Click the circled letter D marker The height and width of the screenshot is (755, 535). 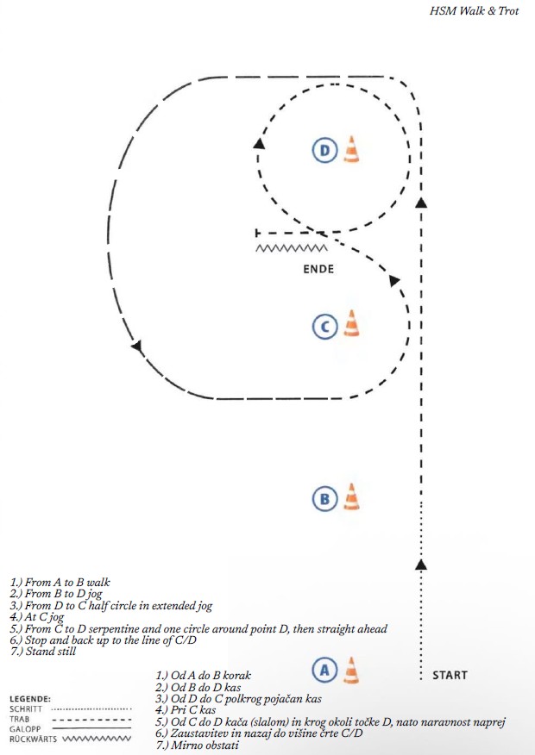click(x=324, y=151)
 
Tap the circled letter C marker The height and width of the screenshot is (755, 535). click(x=324, y=326)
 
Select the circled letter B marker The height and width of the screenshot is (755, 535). click(x=324, y=498)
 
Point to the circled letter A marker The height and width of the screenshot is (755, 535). click(x=324, y=669)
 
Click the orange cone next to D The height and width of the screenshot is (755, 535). click(x=350, y=150)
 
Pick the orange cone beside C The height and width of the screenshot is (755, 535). click(x=350, y=324)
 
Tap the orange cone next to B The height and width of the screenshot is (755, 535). click(x=350, y=496)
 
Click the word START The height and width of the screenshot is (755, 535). click(x=450, y=676)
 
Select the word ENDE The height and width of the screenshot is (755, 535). click(x=318, y=269)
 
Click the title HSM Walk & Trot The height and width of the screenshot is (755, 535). click(x=474, y=12)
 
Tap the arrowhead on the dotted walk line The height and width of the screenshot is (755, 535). click(x=420, y=565)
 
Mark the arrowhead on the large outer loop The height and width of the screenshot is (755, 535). click(x=135, y=346)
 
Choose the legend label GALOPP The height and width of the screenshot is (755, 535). click(x=26, y=728)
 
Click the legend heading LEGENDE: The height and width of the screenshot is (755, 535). click(x=31, y=698)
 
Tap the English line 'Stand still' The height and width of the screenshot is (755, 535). click(x=44, y=652)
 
